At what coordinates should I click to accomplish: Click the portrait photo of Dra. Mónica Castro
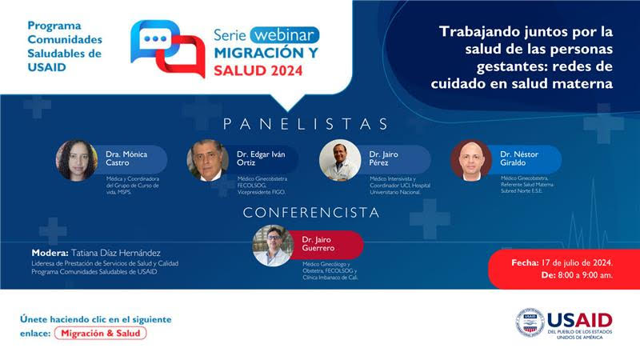77,160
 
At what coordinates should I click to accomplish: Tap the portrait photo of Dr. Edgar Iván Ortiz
208,160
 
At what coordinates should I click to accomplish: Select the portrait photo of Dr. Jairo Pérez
340,160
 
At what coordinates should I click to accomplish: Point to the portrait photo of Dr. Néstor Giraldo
471,160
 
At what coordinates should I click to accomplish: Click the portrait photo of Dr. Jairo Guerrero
273,245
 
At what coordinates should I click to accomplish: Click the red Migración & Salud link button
101,333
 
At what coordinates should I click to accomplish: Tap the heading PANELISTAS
306,124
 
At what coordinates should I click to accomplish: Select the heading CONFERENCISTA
311,213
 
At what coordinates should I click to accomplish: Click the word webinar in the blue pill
285,35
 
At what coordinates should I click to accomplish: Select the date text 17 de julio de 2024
578,262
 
